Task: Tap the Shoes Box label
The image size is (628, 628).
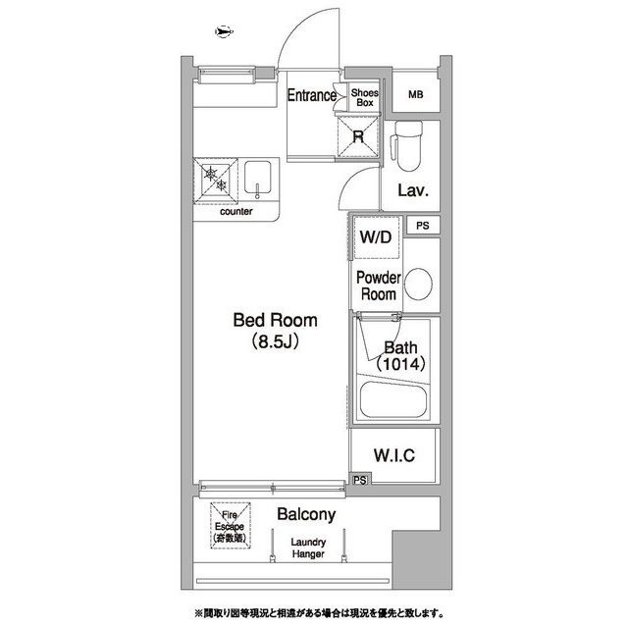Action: [x=365, y=96]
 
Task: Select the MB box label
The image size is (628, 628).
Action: [x=417, y=94]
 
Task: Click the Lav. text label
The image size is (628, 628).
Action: [x=413, y=190]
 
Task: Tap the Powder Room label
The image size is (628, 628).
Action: [x=378, y=286]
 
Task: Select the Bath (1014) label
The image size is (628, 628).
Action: [x=399, y=355]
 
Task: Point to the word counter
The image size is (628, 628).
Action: [x=235, y=211]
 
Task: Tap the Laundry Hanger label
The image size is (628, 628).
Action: [x=309, y=549]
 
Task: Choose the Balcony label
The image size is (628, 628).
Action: [x=306, y=514]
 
